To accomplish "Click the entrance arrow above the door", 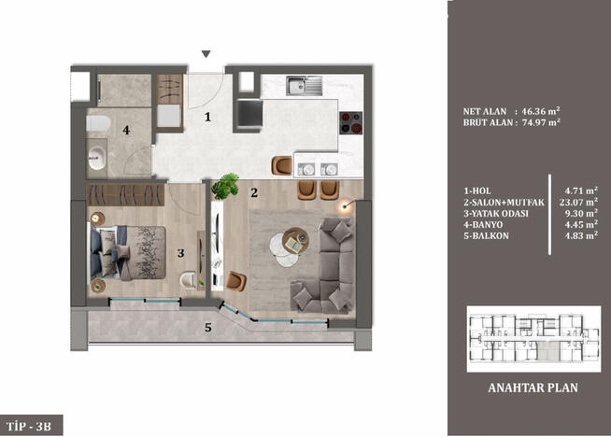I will pos(206,54).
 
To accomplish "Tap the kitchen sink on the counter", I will pos(304,87).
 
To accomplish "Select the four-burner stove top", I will pos(350,122).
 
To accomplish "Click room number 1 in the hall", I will pos(209,117).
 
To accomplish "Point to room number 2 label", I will pos(253,193).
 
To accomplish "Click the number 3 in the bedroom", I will pos(181,251).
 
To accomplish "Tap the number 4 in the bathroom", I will pos(126,131).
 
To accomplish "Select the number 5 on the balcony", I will pos(207,328).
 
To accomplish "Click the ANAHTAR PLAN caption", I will pos(527,388).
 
